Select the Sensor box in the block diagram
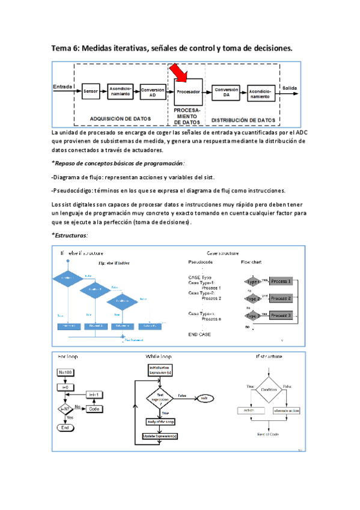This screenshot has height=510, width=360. point(91,91)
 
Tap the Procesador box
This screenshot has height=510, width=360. point(188,91)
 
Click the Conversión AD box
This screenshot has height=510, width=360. point(152,91)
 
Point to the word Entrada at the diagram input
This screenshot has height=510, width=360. point(63,87)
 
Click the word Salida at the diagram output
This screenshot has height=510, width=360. point(290,87)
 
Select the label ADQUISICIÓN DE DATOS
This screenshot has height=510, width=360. point(120,118)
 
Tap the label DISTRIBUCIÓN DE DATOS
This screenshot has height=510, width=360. point(244,119)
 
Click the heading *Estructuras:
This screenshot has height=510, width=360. point(70,235)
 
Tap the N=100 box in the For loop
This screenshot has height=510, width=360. point(65,372)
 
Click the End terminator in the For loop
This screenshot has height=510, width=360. point(64,427)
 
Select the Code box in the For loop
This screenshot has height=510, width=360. point(93,408)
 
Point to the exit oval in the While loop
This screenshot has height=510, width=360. point(204,398)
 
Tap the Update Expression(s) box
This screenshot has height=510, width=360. point(160,435)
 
